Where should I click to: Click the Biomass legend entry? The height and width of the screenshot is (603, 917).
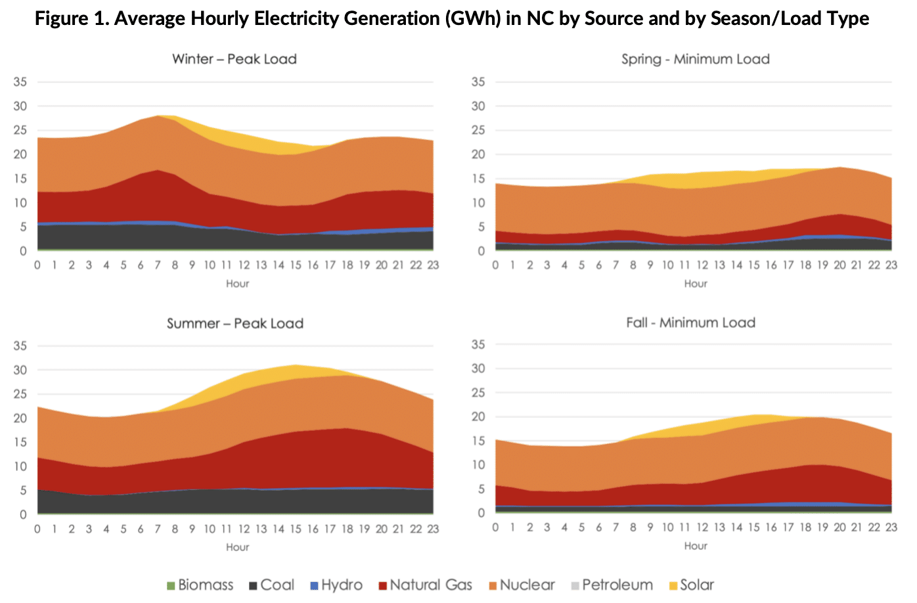click(200, 585)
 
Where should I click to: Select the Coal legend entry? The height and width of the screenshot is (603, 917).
click(271, 585)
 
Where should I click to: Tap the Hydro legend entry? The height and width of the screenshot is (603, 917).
click(336, 585)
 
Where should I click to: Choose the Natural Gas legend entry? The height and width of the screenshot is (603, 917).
click(425, 585)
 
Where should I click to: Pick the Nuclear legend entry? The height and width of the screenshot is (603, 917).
click(521, 585)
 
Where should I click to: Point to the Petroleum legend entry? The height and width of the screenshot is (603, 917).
click(612, 585)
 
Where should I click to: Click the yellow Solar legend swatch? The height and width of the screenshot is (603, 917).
click(673, 585)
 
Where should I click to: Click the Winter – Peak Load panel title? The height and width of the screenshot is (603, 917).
click(235, 59)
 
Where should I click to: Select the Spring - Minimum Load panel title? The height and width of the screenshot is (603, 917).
click(696, 59)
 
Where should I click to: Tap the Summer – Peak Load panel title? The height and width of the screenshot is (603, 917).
click(235, 323)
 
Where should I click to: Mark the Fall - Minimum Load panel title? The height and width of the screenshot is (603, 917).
click(691, 323)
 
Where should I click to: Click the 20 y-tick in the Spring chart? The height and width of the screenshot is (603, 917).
click(478, 154)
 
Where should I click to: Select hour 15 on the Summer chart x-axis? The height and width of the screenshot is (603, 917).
click(296, 529)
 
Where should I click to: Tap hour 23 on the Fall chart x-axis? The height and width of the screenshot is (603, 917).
click(891, 527)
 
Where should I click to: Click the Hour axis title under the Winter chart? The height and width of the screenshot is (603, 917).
click(237, 284)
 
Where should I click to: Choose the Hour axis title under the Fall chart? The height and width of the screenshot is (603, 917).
click(696, 546)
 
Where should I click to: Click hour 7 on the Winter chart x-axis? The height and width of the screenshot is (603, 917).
click(158, 265)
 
